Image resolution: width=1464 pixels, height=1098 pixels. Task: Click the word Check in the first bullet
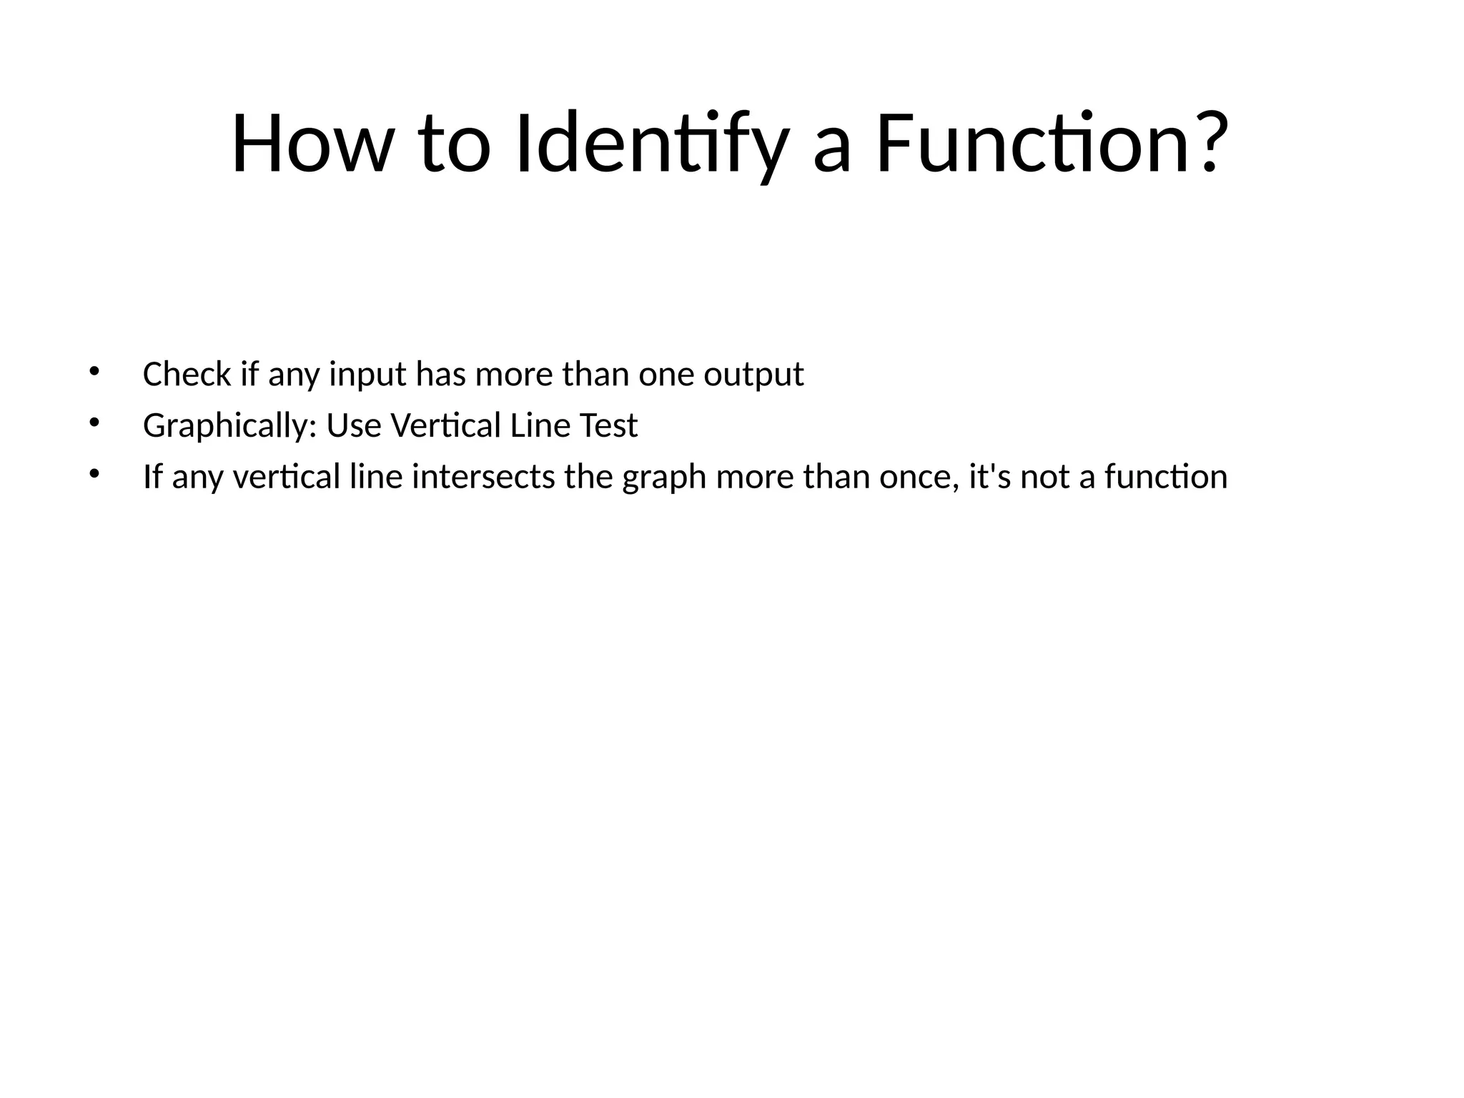click(187, 374)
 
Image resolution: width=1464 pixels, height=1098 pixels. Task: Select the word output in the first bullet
click(753, 374)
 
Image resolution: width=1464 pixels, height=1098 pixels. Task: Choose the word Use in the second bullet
click(354, 426)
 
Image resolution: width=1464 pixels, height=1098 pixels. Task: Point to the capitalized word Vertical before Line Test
click(446, 426)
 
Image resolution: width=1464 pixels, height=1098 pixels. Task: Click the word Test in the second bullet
click(608, 426)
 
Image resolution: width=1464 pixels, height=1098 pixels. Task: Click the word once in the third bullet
click(919, 477)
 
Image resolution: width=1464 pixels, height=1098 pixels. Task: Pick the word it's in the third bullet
click(989, 477)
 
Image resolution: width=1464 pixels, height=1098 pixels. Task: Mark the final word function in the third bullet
click(1166, 477)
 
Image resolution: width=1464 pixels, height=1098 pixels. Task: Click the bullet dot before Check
click(93, 371)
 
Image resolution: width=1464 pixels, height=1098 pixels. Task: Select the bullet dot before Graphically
click(93, 422)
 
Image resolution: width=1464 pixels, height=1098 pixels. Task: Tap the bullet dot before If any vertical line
click(93, 473)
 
